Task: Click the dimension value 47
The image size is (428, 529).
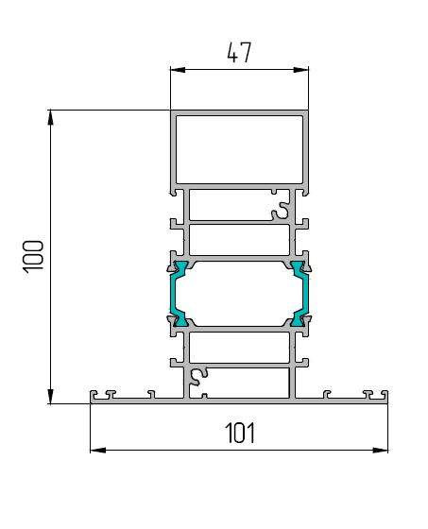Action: pyautogui.click(x=239, y=53)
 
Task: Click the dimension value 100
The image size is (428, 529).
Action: pyautogui.click(x=33, y=256)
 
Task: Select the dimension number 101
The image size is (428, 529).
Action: pyautogui.click(x=240, y=433)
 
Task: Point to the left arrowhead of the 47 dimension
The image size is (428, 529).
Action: pyautogui.click(x=178, y=70)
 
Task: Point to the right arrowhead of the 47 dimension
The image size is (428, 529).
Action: pyautogui.click(x=301, y=70)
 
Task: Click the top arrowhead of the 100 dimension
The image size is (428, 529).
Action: pyautogui.click(x=51, y=117)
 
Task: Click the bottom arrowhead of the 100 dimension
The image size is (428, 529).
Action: pyautogui.click(x=51, y=396)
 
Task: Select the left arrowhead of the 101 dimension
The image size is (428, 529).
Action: pyautogui.click(x=98, y=450)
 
